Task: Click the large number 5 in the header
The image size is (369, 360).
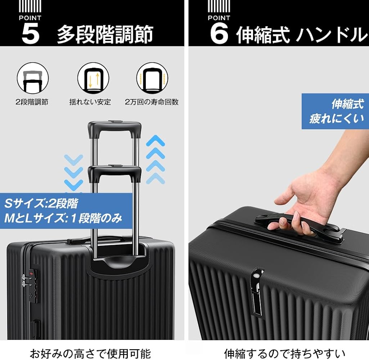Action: click(x=31, y=34)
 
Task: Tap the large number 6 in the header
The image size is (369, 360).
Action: click(x=219, y=34)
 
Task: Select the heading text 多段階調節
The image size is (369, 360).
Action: click(x=105, y=35)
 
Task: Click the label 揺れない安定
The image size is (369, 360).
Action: click(x=90, y=102)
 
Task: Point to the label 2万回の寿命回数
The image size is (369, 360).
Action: click(x=152, y=102)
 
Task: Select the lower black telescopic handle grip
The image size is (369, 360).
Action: click(x=114, y=172)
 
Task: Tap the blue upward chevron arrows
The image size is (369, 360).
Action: click(x=156, y=159)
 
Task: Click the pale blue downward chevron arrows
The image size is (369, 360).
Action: click(x=73, y=173)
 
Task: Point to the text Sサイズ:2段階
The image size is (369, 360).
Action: click(x=41, y=204)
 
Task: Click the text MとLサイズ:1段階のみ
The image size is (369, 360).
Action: click(x=63, y=218)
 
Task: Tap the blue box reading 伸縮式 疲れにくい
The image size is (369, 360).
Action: click(x=335, y=111)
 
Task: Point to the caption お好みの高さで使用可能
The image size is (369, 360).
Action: click(x=90, y=353)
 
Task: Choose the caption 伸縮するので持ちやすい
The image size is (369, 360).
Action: click(x=284, y=353)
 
